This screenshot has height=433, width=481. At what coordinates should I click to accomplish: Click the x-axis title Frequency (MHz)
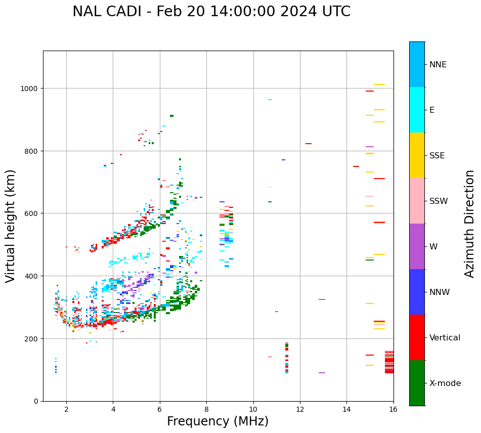pyautogui.click(x=217, y=421)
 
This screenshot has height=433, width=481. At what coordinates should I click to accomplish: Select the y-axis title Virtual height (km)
pyautogui.click(x=11, y=226)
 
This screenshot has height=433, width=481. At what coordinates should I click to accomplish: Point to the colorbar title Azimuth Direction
pyautogui.click(x=470, y=224)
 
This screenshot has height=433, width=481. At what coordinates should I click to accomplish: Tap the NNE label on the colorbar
pyautogui.click(x=438, y=65)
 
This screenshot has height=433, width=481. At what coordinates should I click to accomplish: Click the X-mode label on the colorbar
pyautogui.click(x=445, y=383)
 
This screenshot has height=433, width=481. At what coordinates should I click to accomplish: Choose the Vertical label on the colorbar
pyautogui.click(x=445, y=338)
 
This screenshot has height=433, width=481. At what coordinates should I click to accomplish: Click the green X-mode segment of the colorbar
pyautogui.click(x=417, y=383)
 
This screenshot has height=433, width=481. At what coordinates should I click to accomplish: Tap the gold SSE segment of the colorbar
pyautogui.click(x=417, y=155)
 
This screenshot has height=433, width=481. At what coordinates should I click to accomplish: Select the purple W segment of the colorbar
pyautogui.click(x=417, y=246)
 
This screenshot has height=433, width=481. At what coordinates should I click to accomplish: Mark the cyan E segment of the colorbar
pyautogui.click(x=417, y=110)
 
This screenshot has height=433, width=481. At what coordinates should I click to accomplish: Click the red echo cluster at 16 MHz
pyautogui.click(x=389, y=362)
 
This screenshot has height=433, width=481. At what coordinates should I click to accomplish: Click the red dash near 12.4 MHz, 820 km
pyautogui.click(x=309, y=144)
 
